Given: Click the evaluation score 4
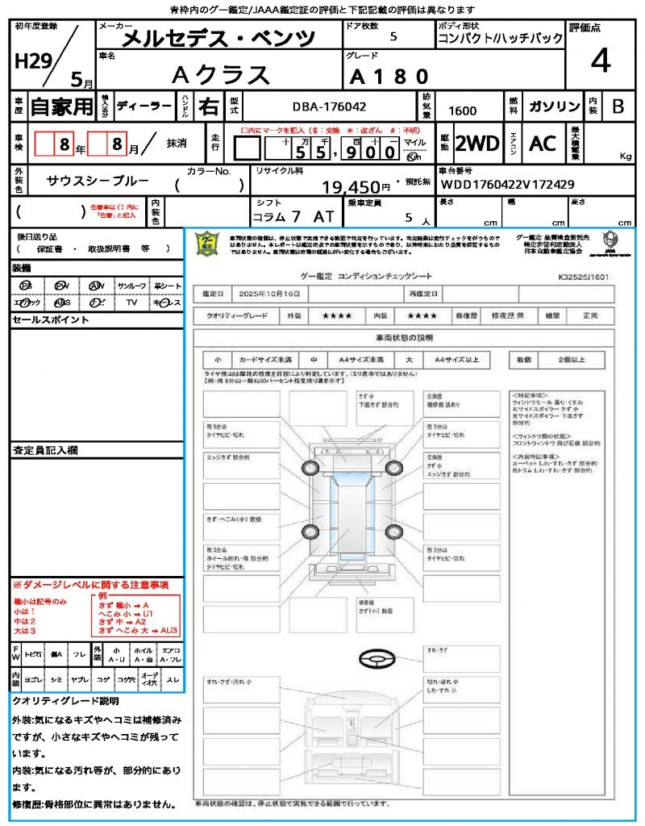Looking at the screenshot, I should [599, 62].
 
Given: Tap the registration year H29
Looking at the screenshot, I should [32, 63].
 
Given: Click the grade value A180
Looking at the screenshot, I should [389, 77].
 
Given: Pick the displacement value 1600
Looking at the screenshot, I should [462, 111].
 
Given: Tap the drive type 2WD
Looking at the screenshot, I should [477, 144].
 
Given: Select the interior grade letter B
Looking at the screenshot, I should [618, 106].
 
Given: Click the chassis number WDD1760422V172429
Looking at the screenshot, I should [507, 185].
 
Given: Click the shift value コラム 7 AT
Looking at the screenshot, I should [288, 216].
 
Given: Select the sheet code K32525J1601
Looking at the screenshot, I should [582, 276].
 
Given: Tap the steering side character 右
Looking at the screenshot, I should [208, 106].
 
